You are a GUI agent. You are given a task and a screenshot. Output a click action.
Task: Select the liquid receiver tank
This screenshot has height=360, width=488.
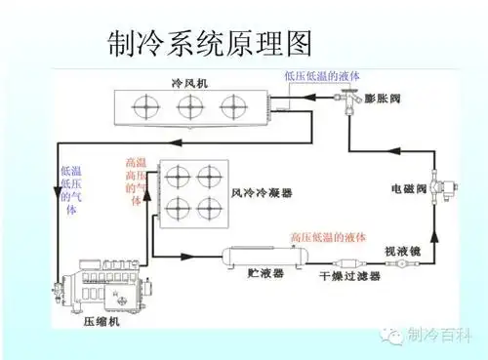[263, 257]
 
